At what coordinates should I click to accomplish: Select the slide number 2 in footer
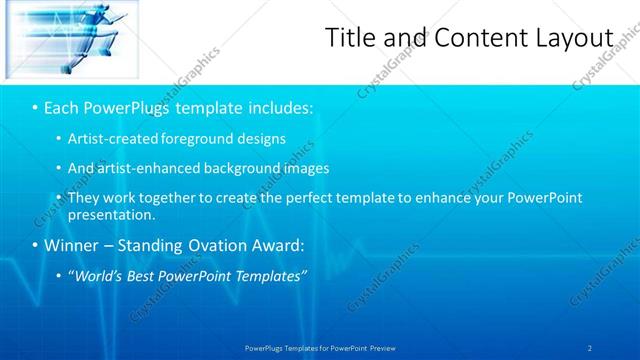pyautogui.click(x=590, y=347)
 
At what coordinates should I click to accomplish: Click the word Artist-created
pyautogui.click(x=111, y=138)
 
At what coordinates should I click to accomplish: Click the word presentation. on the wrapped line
pyautogui.click(x=111, y=214)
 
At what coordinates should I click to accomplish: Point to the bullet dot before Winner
pyautogui.click(x=35, y=245)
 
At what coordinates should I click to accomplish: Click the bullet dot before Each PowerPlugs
pyautogui.click(x=35, y=107)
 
